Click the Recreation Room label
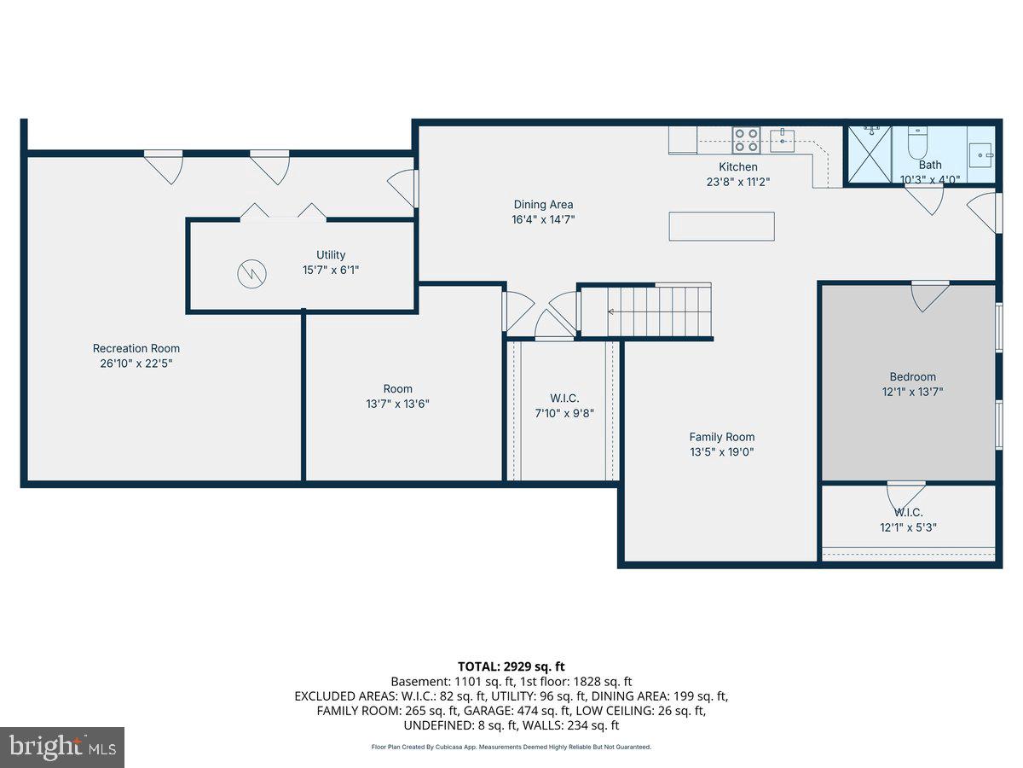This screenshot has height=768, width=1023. (136, 348)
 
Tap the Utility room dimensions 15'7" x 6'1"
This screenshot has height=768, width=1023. (331, 270)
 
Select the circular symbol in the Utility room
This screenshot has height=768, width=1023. (251, 273)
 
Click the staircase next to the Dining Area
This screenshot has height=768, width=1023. (657, 311)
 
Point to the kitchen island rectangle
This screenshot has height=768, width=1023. (721, 226)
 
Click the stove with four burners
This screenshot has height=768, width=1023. (747, 140)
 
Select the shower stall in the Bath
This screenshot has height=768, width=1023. (868, 154)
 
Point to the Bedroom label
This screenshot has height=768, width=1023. (912, 376)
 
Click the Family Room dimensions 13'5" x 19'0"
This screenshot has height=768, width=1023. (722, 452)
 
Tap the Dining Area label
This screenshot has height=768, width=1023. (543, 204)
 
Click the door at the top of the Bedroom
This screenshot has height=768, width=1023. (929, 294)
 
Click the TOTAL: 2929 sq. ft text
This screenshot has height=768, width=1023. (511, 666)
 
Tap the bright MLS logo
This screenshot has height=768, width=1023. (62, 748)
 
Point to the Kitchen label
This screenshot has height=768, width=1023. (737, 166)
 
